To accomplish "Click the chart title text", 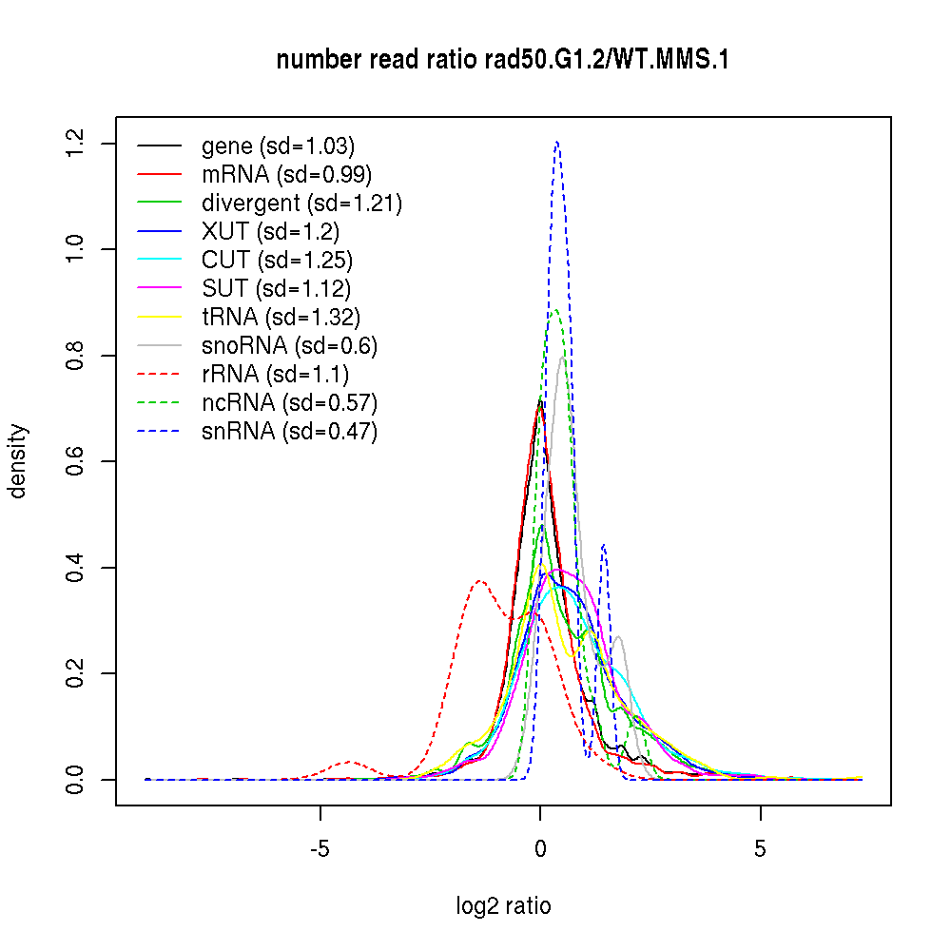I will click(502, 61).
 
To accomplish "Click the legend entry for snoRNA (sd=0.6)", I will click(289, 346).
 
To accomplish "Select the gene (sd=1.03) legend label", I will click(278, 146).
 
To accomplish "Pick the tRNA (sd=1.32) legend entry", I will click(281, 318).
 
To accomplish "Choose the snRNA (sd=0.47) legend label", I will click(289, 432).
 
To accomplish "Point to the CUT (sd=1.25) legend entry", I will click(277, 261).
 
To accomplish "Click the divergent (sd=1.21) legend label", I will click(301, 204).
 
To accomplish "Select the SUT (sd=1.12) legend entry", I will click(276, 289).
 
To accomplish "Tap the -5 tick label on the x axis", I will click(320, 848).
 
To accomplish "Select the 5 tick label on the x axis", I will click(760, 848).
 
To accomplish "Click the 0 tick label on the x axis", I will click(540, 848).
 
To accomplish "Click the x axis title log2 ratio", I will click(503, 906).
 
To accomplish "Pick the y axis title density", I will click(19, 461).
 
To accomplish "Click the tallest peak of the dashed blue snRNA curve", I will click(556, 143).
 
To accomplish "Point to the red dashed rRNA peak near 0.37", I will click(480, 581).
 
